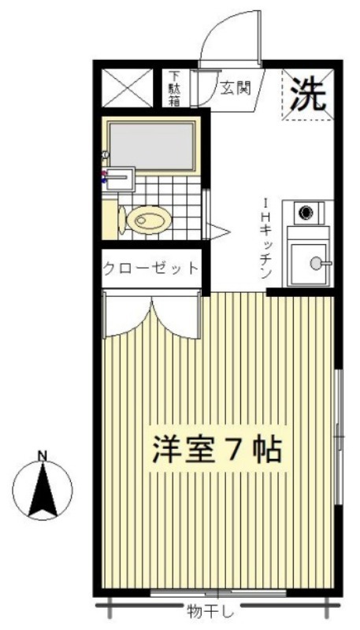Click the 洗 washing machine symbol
click(308, 94)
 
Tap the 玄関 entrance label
click(236, 87)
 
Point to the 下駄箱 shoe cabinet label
click(173, 88)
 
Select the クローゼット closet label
click(151, 268)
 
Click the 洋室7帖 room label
click(216, 448)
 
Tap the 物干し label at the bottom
click(210, 612)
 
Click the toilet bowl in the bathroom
click(149, 220)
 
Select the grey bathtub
click(152, 146)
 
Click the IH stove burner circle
click(306, 212)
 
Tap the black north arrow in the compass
click(43, 489)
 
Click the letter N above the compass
click(43, 456)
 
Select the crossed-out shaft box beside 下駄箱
click(128, 88)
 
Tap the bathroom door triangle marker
click(217, 232)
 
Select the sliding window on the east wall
click(339, 436)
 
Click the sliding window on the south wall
click(218, 594)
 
